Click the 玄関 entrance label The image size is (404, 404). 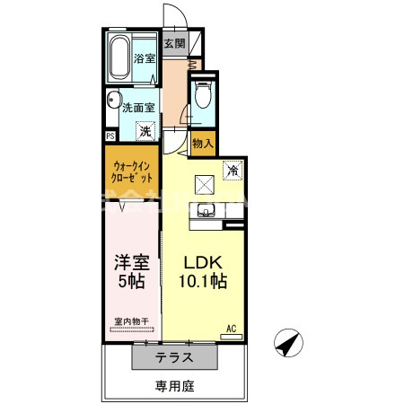[x=174, y=43]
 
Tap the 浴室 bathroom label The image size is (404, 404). [x=145, y=58]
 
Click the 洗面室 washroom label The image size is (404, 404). [x=139, y=106]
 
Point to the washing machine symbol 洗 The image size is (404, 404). [x=145, y=132]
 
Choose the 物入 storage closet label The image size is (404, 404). [x=203, y=142]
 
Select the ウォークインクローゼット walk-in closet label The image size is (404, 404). [x=133, y=171]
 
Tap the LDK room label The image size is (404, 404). [x=205, y=262]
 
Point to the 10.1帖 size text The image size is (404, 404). [x=205, y=281]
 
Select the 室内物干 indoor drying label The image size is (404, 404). [x=132, y=321]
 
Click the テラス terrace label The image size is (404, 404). [x=175, y=356]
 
